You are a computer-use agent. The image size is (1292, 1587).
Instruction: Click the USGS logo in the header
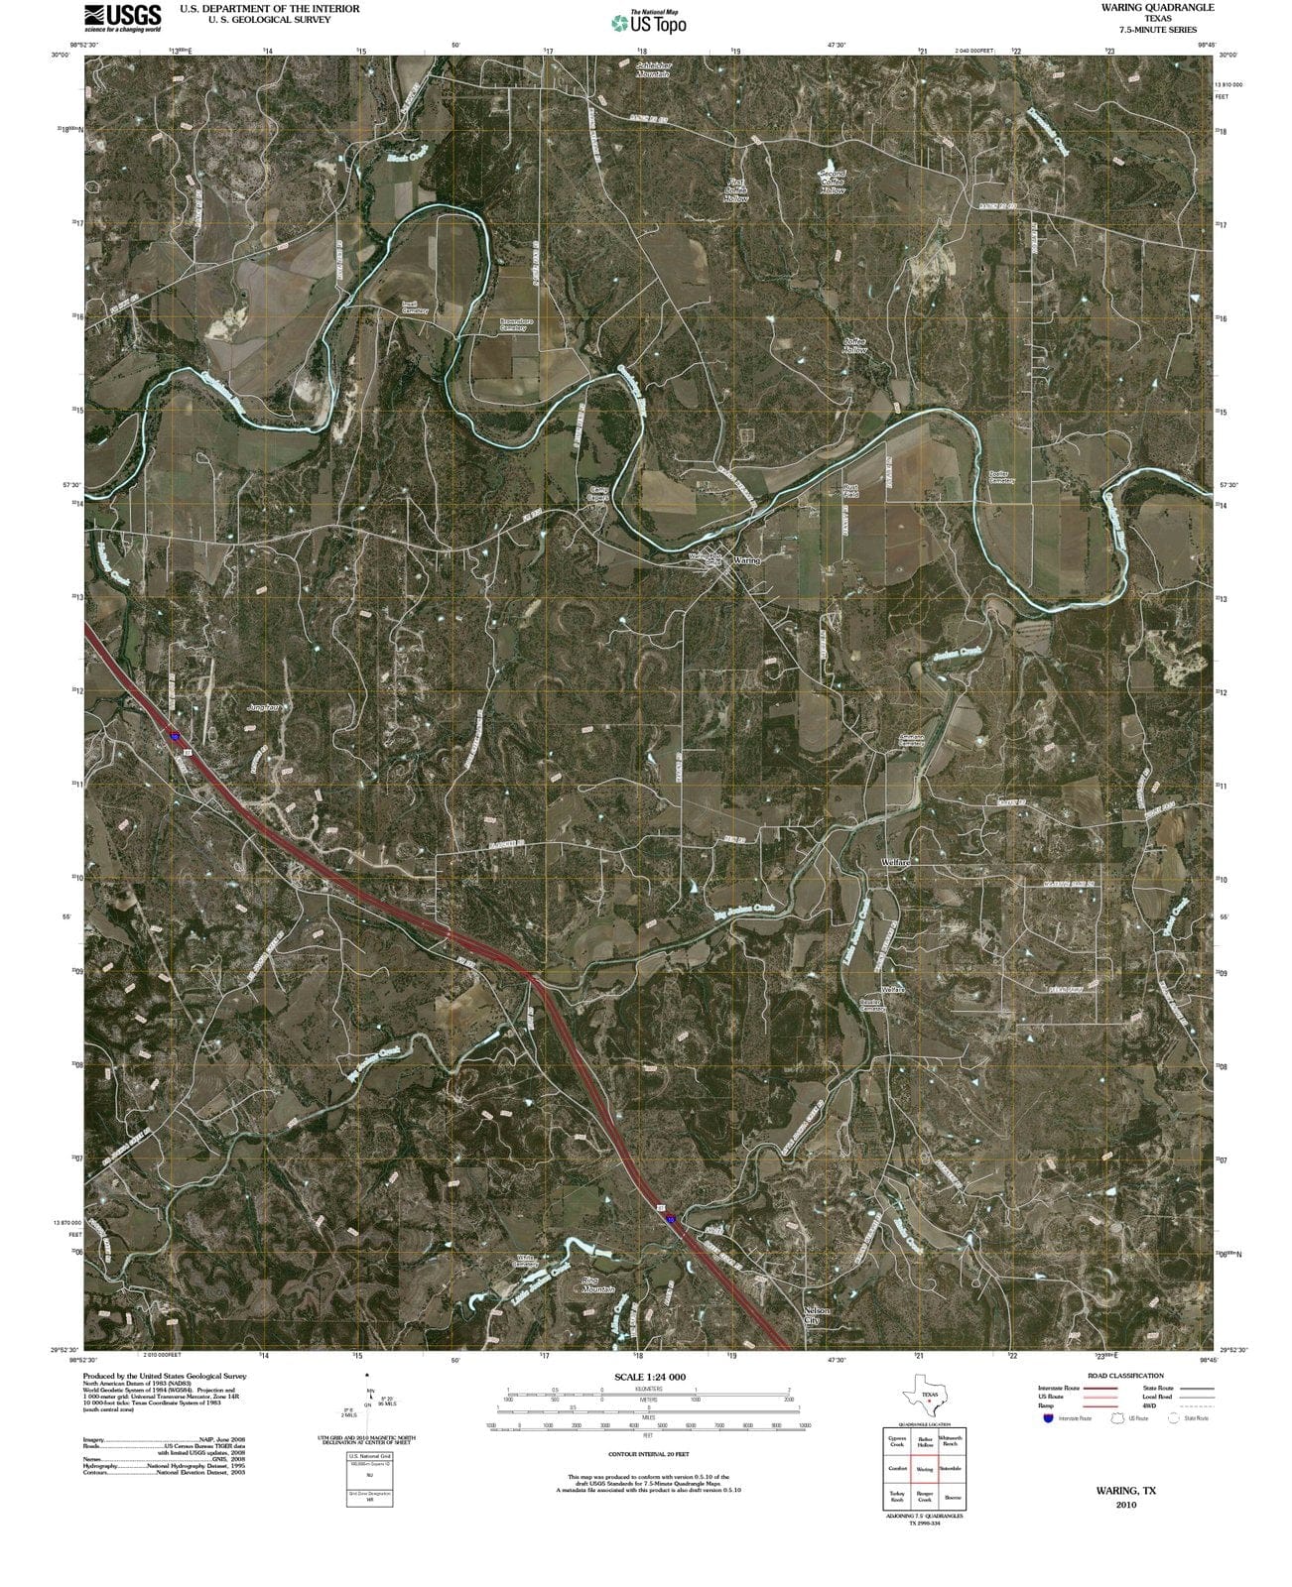122,17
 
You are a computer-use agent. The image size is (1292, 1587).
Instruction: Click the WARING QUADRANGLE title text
1157,7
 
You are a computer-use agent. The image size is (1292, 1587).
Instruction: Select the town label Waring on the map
746,560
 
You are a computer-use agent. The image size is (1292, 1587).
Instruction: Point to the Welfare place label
896,862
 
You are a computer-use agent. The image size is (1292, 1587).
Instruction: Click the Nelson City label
815,1315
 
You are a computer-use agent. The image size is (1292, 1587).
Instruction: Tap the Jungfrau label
261,709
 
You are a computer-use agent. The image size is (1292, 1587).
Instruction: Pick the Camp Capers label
598,493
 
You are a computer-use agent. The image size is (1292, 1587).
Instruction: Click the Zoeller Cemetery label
998,477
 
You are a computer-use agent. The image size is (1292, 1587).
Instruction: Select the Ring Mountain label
597,1284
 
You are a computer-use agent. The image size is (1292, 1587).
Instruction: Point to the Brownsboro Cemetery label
520,324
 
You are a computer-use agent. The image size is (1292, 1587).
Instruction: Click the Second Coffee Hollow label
832,182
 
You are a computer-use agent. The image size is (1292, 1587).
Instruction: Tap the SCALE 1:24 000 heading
650,1377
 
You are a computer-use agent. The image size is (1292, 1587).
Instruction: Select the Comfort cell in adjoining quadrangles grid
897,1469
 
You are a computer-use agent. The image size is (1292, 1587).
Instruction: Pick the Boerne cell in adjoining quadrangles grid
953,1498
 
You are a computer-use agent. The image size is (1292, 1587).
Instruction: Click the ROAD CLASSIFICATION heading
1124,1376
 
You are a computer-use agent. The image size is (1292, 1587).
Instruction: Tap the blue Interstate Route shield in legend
1048,1418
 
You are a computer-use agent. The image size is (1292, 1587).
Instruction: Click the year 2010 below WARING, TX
1125,1504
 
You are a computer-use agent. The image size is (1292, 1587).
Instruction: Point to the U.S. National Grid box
369,1480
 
